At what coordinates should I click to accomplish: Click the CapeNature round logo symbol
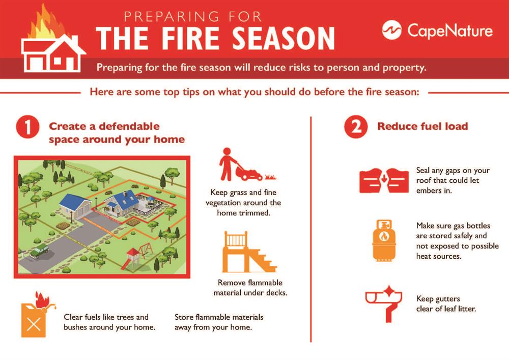pyautogui.click(x=392, y=30)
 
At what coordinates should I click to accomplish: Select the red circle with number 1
pyautogui.click(x=27, y=127)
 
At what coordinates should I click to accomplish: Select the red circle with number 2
pyautogui.click(x=356, y=127)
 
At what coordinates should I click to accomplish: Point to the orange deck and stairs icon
pyautogui.click(x=249, y=252)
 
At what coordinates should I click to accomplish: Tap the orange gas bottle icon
pyautogui.click(x=384, y=240)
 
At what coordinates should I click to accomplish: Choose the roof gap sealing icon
pyautogui.click(x=384, y=180)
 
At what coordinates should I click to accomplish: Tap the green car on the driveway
pyautogui.click(x=39, y=251)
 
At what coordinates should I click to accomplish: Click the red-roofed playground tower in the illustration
pyautogui.click(x=132, y=258)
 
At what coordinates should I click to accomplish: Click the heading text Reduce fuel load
pyautogui.click(x=422, y=126)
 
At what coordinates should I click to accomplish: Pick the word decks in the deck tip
pyautogui.click(x=276, y=292)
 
